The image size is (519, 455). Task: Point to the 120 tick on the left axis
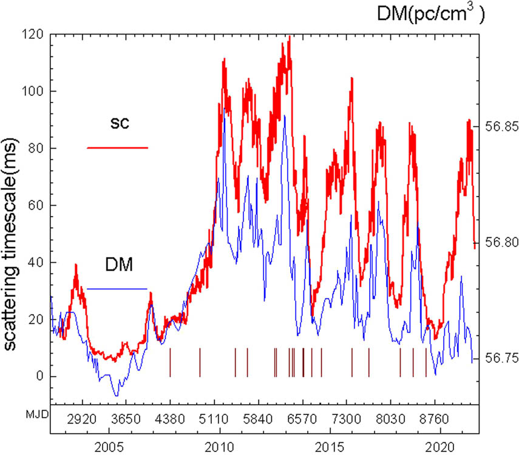[33, 35]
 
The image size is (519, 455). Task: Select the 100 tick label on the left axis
[33, 92]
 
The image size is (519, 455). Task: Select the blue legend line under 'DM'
[117, 289]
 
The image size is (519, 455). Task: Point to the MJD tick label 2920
[81, 419]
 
